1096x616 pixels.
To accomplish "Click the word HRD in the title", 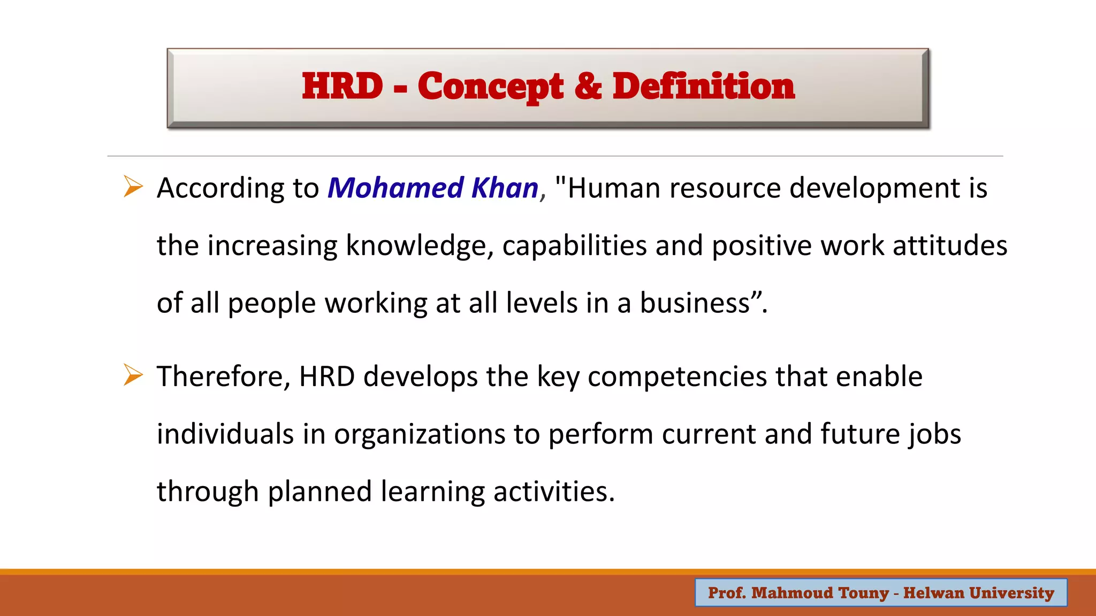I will pyautogui.click(x=342, y=86).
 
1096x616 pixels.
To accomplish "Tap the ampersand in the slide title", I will pyautogui.click(x=588, y=86).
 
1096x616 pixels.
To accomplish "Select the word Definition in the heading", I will pyautogui.click(x=703, y=86).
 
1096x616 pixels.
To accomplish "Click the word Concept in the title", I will pyautogui.click(x=490, y=87).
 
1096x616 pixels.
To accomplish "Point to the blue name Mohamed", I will pyautogui.click(x=395, y=188).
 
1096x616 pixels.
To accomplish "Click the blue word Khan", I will pyautogui.click(x=505, y=188).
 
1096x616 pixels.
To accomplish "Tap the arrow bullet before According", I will pyautogui.click(x=133, y=187).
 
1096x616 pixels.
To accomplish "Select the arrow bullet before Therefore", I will pyautogui.click(x=133, y=375).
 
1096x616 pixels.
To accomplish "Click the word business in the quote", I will pyautogui.click(x=695, y=303).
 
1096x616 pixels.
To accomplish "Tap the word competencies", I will pyautogui.click(x=678, y=377).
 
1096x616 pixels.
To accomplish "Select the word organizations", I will pyautogui.click(x=420, y=434).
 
